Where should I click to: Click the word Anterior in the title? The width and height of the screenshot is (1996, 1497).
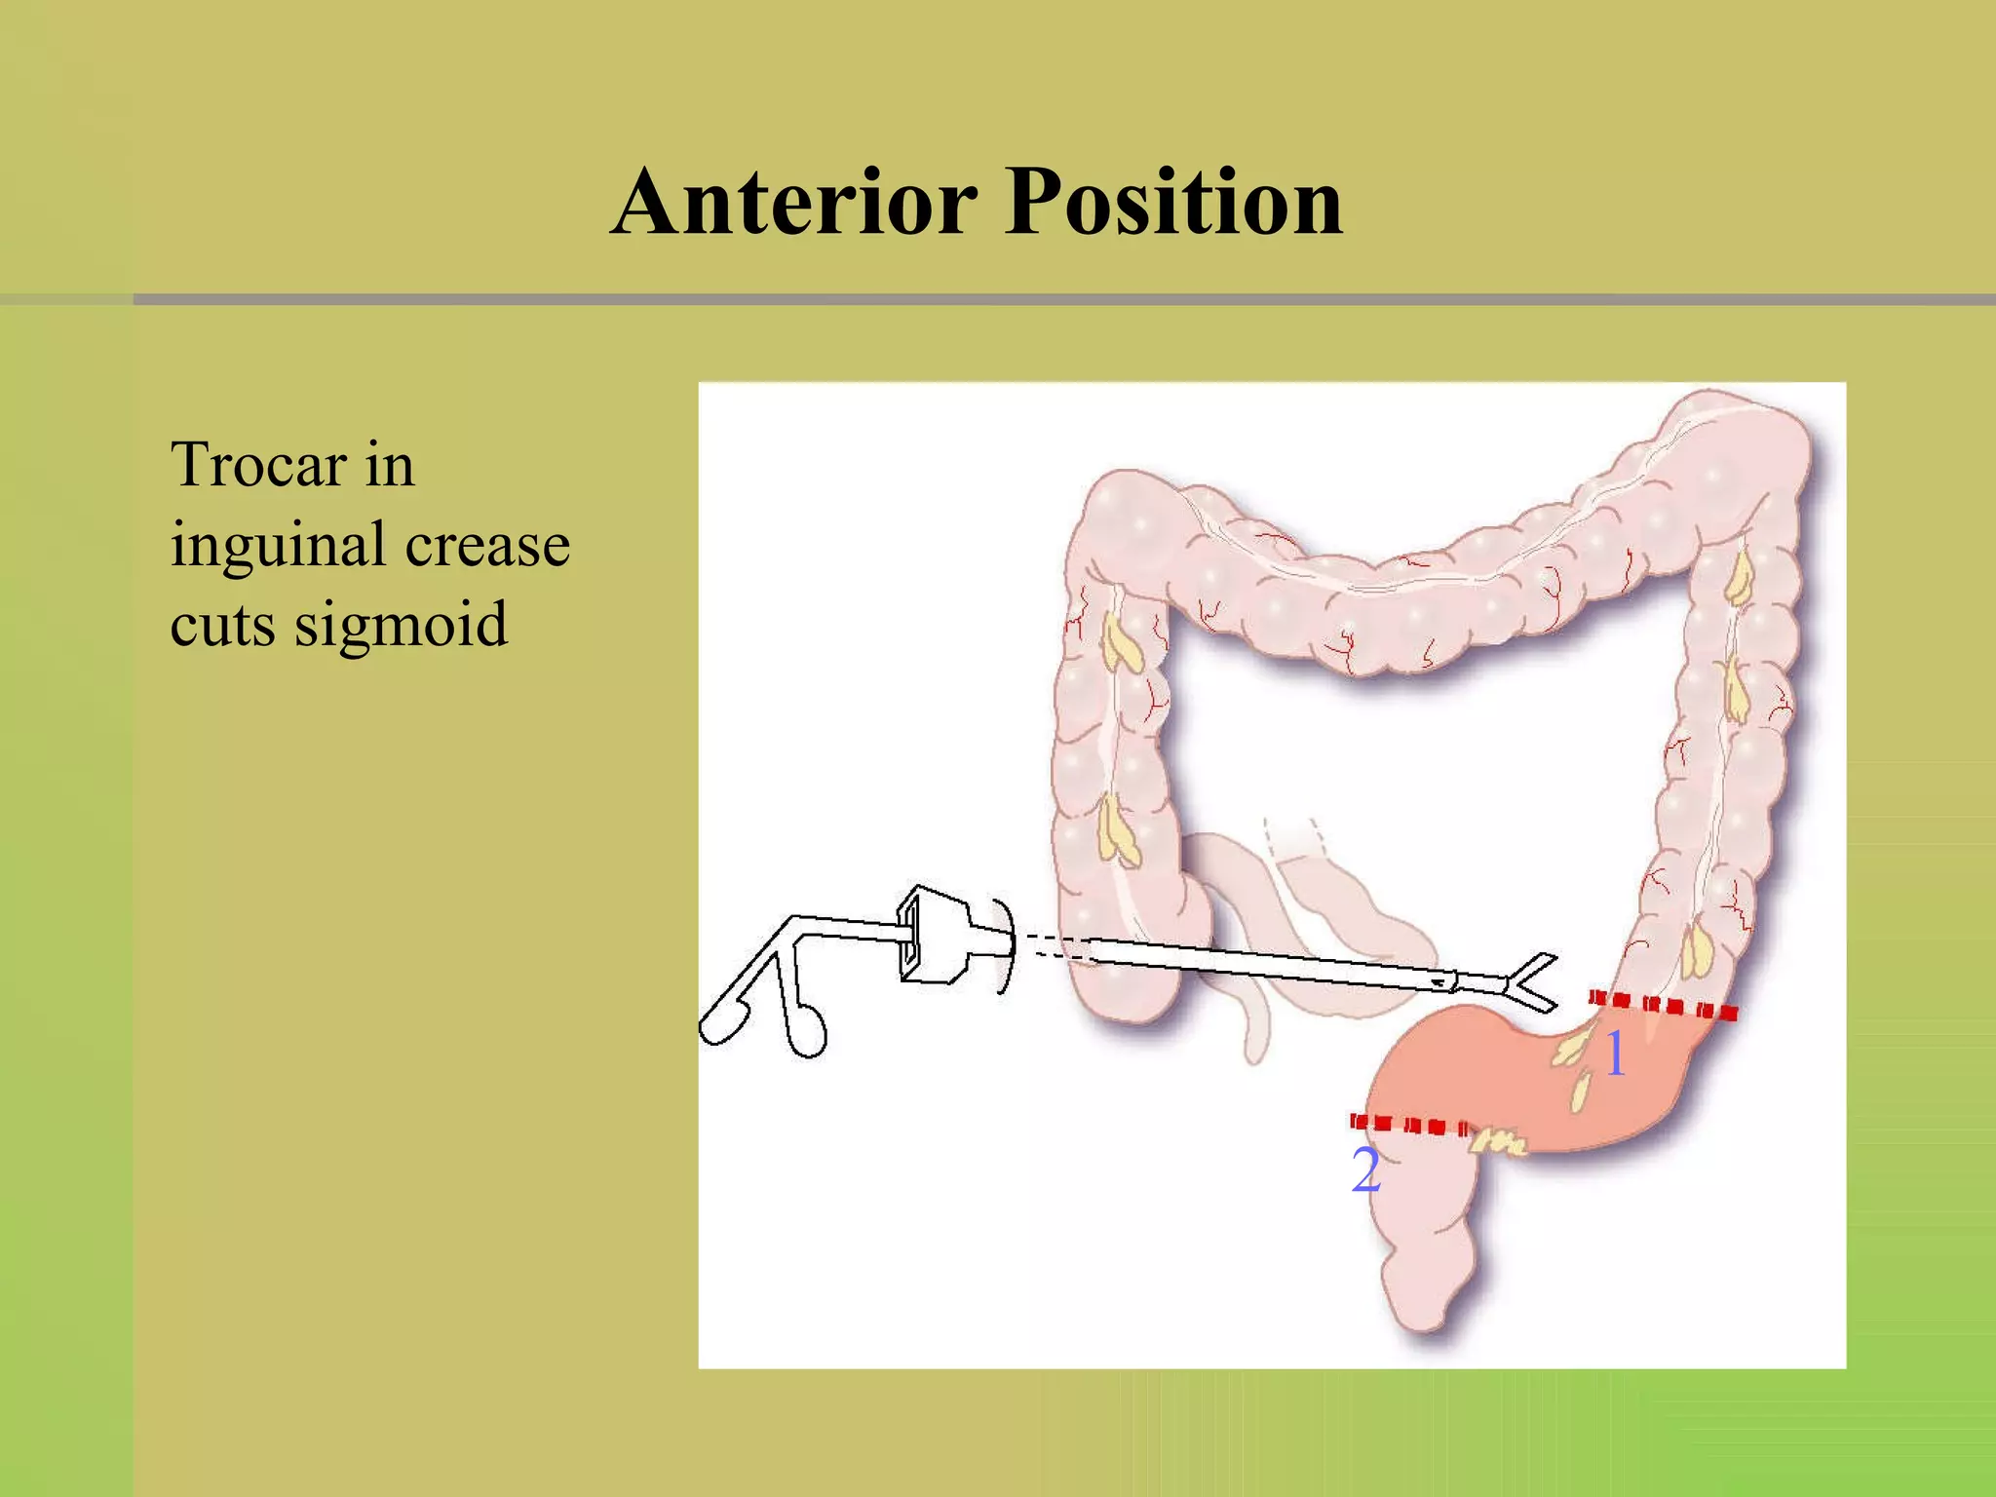pos(794,202)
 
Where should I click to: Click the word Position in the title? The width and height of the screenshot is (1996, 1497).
pos(1173,202)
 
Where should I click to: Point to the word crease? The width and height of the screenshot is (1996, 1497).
pos(487,546)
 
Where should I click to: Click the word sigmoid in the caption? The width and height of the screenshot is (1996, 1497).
pos(401,626)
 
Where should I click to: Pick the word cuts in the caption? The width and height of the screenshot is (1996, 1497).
pos(222,626)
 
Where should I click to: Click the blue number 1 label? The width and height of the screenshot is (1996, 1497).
pos(1615,1054)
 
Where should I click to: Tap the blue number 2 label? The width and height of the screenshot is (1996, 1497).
pos(1365,1171)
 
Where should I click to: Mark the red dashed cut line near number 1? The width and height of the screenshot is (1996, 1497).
pos(1662,1004)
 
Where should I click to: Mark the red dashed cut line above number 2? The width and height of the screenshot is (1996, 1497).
pos(1408,1125)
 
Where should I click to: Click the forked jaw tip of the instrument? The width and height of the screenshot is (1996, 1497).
pos(1530,982)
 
